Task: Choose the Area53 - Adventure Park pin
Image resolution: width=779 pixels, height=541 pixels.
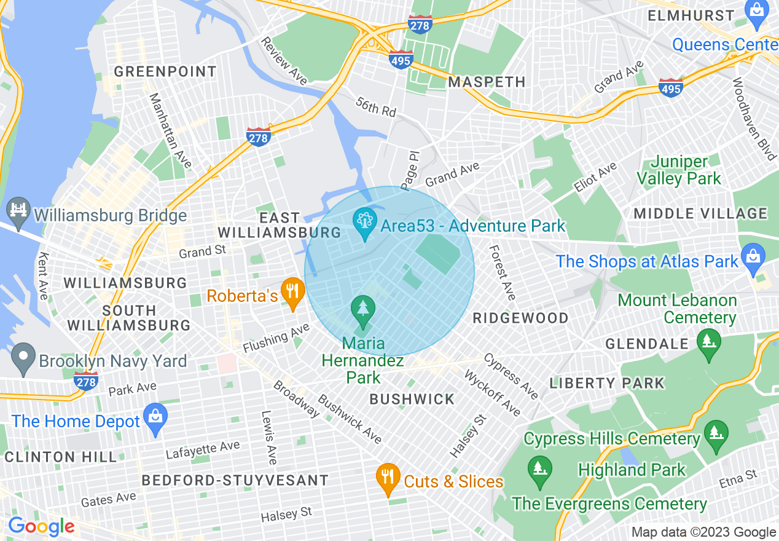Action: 365,224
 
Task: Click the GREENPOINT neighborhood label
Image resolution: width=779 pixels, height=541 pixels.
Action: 165,72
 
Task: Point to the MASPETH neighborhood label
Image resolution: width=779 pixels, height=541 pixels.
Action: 487,82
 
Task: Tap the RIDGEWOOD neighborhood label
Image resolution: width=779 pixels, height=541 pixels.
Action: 520,318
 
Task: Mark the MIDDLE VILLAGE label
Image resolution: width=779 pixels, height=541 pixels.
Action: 700,214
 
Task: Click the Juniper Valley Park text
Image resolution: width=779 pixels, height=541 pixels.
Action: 679,170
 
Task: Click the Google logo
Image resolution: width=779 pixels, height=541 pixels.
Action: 41,527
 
